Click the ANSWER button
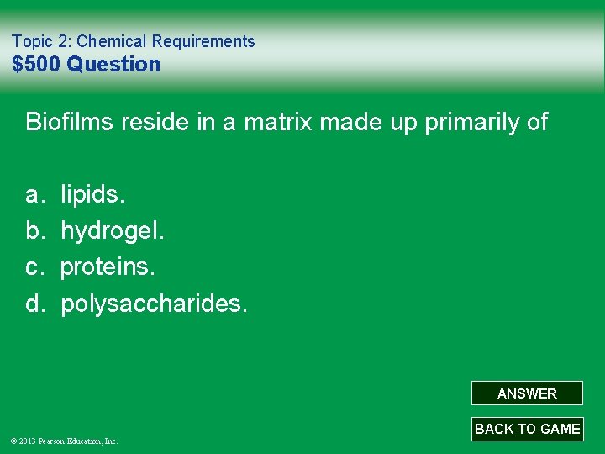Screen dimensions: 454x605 pos(527,393)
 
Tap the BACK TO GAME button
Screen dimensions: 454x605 pos(527,429)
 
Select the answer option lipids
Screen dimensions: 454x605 pos(92,195)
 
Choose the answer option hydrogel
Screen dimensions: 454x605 pos(113,231)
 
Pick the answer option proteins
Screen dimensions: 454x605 pos(108,267)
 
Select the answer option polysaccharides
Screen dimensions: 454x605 pos(154,304)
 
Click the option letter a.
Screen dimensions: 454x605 pos(34,195)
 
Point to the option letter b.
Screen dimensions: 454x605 pos(34,231)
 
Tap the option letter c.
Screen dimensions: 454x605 pos(34,267)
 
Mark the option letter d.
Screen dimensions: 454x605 pos(34,304)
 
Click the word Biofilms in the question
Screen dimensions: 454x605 pos(70,122)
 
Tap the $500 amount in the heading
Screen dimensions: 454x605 pos(36,64)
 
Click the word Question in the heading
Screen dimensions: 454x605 pos(113,64)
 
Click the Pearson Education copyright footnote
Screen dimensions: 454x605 pos(64,441)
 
